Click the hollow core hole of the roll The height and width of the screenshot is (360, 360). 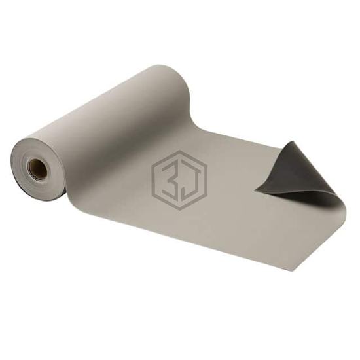(37, 169)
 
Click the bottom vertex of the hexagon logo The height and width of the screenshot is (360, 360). (179, 210)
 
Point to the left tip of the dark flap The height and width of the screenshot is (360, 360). (255, 190)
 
